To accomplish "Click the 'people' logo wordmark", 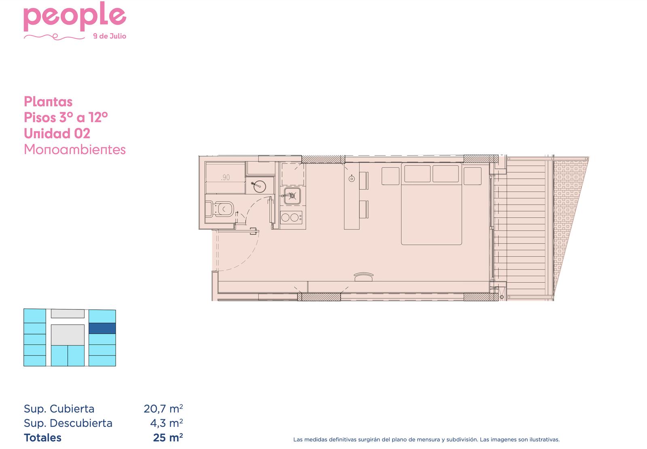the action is (x=75, y=17).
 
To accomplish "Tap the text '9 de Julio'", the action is (x=110, y=36).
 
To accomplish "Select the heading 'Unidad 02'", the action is (x=57, y=133).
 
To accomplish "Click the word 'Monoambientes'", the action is (x=75, y=149).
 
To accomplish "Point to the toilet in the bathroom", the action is (x=220, y=209).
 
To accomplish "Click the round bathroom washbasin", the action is (x=259, y=186).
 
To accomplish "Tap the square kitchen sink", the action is (x=292, y=196).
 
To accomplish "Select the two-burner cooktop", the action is (x=291, y=217).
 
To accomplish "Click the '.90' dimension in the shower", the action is (x=225, y=178).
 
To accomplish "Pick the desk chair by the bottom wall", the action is (x=364, y=277).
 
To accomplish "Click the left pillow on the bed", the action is (x=417, y=174).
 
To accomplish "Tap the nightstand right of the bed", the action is (x=473, y=176).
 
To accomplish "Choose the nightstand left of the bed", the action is (x=391, y=176).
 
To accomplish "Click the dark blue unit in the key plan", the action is (x=102, y=328).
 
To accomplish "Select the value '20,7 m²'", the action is (x=163, y=409).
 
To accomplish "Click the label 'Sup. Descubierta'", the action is (x=68, y=423).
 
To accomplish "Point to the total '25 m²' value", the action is (x=168, y=437).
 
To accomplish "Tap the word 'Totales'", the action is (x=42, y=437).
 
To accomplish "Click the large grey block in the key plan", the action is (x=68, y=335).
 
